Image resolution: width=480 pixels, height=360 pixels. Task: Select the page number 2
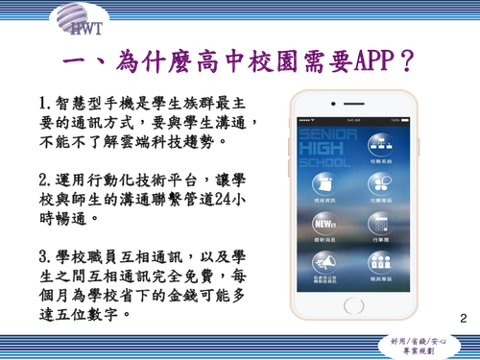pos(464,318)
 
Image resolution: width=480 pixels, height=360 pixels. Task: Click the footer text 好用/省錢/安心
pos(423,340)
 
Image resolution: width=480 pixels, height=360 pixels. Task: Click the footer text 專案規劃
pos(423,350)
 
